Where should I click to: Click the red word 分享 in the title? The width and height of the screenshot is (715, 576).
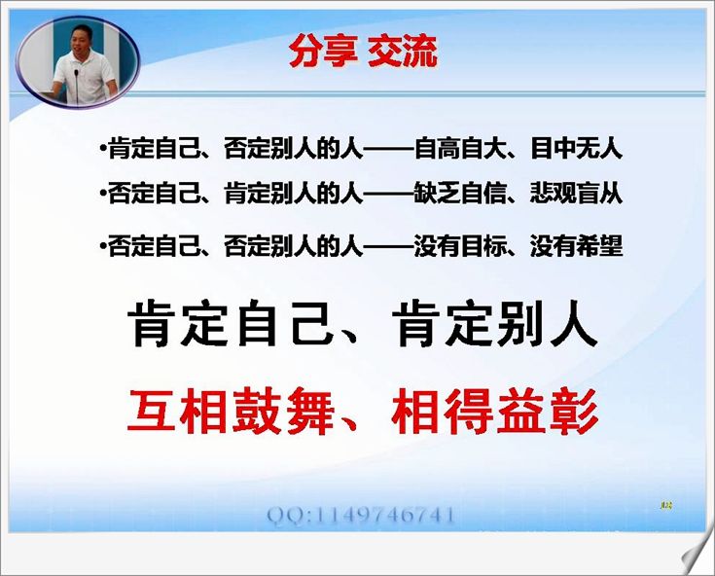tap(323, 52)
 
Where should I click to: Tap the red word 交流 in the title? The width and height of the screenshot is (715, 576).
tap(402, 52)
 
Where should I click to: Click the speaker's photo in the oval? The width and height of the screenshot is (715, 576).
tap(78, 62)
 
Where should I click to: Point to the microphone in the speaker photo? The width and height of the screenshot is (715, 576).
tap(77, 86)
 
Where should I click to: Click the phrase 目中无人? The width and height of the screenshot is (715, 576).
tap(576, 148)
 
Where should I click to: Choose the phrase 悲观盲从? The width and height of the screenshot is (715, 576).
tap(576, 194)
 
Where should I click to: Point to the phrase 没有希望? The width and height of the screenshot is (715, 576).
tap(576, 246)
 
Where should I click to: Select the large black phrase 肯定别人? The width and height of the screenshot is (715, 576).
tap(496, 324)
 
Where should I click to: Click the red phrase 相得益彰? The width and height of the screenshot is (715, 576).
tap(495, 411)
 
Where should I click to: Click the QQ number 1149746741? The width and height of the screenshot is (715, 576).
tap(385, 516)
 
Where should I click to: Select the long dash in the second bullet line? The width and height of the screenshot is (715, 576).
tap(388, 195)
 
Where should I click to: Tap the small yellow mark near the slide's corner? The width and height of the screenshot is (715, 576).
tap(666, 505)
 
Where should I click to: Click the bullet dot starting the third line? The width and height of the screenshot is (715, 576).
tap(103, 245)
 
